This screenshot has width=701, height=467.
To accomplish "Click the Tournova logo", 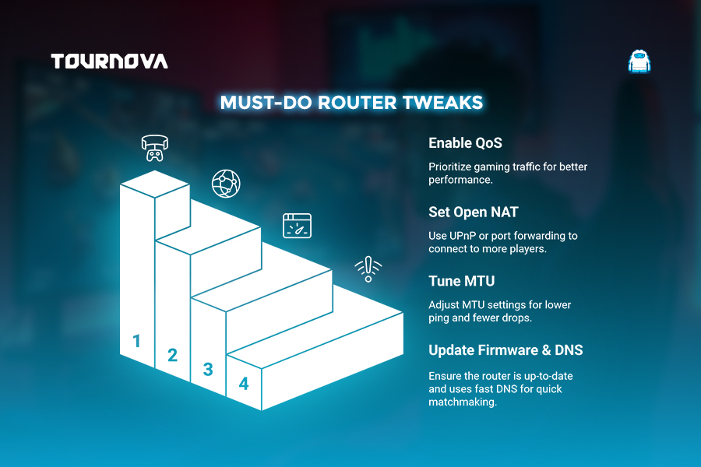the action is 110,61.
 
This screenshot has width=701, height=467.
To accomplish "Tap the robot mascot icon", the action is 639,61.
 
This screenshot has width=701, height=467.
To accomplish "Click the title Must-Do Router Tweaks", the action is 351,103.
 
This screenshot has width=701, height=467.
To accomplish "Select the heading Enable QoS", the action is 465,143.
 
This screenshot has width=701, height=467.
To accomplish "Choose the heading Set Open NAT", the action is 473,212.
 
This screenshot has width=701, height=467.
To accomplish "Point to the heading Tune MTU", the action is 461,281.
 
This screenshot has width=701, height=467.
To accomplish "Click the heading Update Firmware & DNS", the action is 505,350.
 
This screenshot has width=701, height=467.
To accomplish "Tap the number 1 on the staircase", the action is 137,341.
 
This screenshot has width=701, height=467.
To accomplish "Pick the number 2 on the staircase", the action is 172,355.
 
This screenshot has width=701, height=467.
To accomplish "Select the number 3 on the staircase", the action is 208,370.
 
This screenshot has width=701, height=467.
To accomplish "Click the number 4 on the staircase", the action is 244,384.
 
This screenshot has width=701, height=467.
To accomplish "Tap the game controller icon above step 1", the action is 155,148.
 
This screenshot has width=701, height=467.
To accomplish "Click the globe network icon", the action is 226,184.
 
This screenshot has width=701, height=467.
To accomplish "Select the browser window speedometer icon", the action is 297,226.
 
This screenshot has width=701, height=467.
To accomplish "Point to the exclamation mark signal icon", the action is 368,269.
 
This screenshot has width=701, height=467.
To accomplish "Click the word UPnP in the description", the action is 463,236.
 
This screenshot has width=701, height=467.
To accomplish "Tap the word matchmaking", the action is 463,402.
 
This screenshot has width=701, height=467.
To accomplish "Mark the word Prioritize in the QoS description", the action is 449,167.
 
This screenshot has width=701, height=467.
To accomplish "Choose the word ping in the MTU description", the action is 439,318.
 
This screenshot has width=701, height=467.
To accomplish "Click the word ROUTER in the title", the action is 357,103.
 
